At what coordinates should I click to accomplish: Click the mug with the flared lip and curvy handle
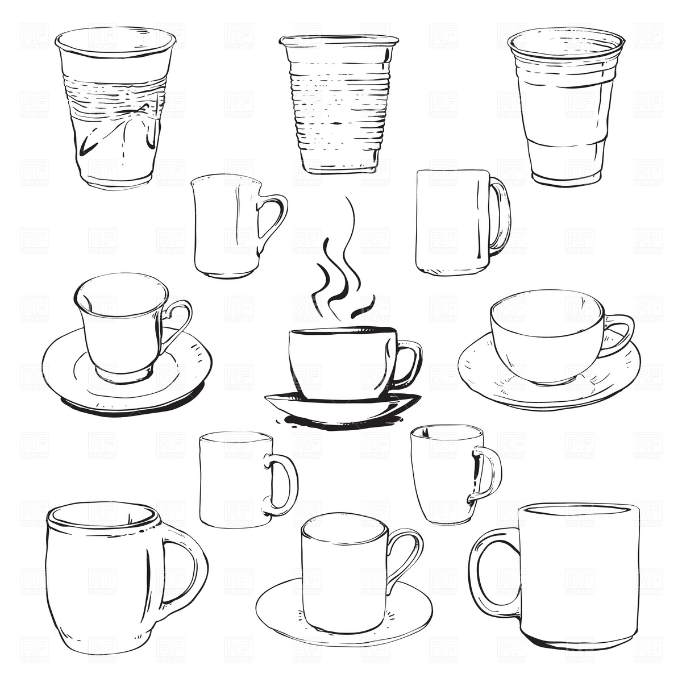tap(227, 227)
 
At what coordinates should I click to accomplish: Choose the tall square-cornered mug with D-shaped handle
tap(452, 222)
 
